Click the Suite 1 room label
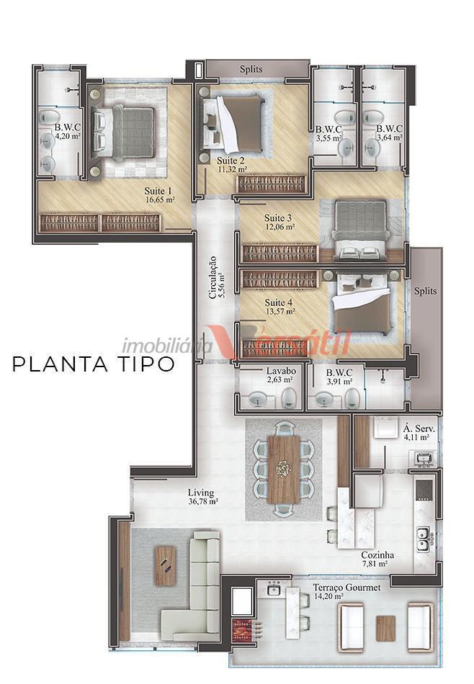pos(158,191)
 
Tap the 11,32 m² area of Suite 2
pos(232,169)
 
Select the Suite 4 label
pos(279,302)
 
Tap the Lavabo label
pos(281,372)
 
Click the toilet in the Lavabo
pos(288,397)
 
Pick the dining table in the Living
pos(284,469)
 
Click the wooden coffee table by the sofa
pos(166,566)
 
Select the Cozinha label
pos(377,555)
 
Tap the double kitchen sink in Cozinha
pos(423,539)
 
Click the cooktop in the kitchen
pos(424,491)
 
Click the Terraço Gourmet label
pos(346,588)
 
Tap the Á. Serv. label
pos(419,429)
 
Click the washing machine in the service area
pos(385,427)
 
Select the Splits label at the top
pos(251,69)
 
